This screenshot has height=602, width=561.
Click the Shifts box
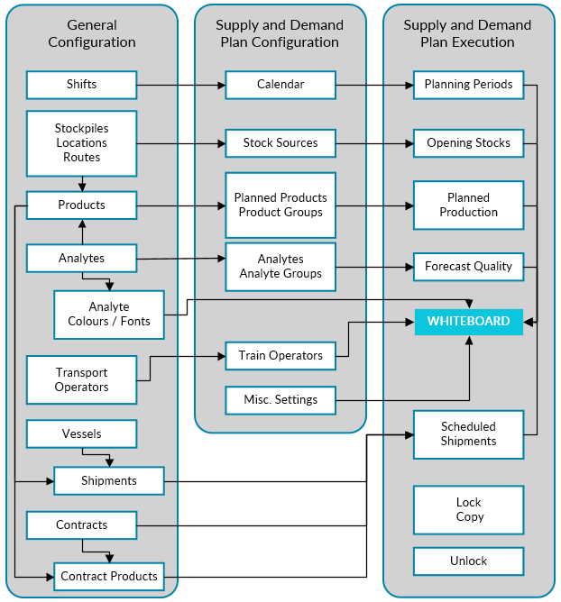point(81,85)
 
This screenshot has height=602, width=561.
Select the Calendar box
point(280,85)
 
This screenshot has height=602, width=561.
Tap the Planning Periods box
point(468,85)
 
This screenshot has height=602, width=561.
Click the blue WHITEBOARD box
point(468,322)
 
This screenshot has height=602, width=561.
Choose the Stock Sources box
point(280,143)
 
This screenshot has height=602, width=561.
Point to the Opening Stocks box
point(468,143)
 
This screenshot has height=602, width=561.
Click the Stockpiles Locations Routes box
point(81,143)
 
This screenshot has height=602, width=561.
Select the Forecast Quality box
point(468,267)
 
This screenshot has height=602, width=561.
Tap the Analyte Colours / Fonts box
point(109,315)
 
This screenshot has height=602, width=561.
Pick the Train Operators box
point(280,356)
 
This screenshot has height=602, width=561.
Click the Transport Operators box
point(81,380)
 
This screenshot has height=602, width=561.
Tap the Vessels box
point(81,434)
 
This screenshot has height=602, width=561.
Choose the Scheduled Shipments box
point(468,434)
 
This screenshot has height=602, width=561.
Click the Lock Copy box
point(468,510)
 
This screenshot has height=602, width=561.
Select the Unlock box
point(468,561)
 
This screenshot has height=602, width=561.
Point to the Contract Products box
point(109,577)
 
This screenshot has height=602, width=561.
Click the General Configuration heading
point(92,33)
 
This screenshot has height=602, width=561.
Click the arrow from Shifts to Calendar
point(180,86)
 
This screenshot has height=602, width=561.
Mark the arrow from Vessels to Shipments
point(109,457)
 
